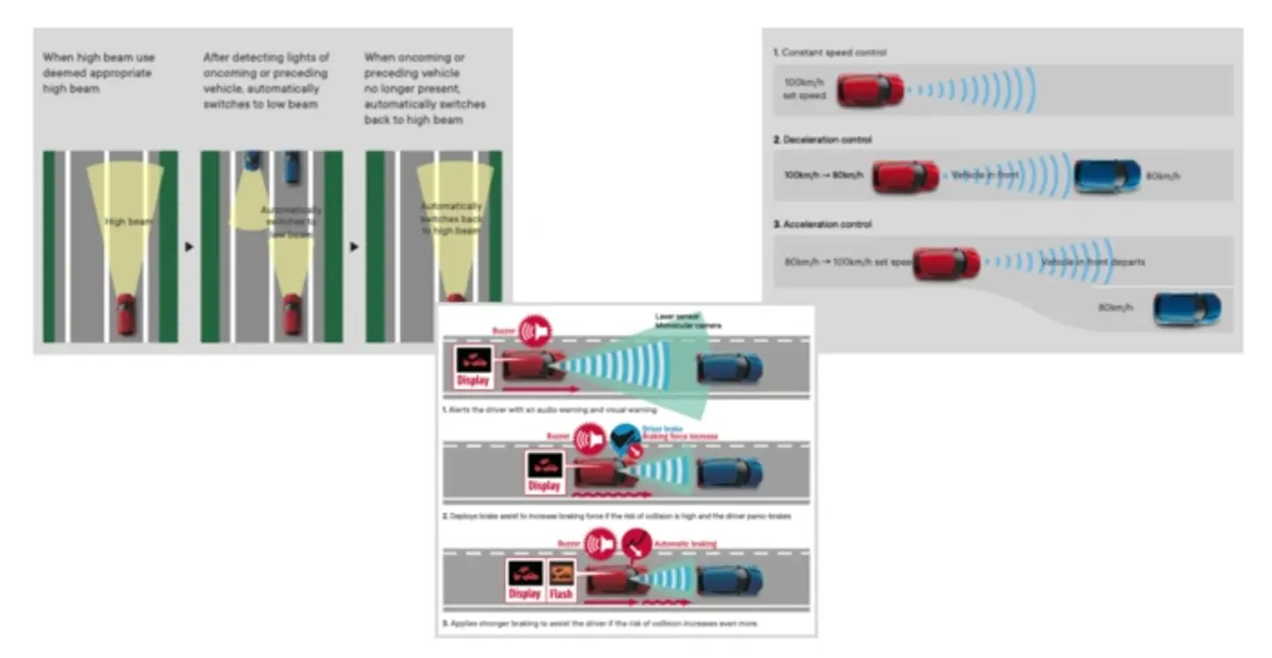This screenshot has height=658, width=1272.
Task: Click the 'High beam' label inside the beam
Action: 128,222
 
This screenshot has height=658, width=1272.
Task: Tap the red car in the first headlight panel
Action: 126,314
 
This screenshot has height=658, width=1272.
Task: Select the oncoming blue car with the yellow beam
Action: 253,161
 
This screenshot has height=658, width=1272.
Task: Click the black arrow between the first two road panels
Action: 189,246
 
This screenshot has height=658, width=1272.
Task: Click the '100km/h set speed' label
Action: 805,88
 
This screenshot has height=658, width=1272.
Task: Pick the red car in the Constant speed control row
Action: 870,90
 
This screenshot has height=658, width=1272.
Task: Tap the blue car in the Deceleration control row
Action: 1108,176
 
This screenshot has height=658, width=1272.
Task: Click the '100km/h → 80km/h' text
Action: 822,176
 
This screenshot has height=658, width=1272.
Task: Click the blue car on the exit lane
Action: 1187,309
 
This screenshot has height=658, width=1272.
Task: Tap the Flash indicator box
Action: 562,581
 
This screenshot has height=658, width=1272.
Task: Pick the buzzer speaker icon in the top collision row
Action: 534,330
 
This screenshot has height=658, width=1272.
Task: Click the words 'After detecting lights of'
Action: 266,57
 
